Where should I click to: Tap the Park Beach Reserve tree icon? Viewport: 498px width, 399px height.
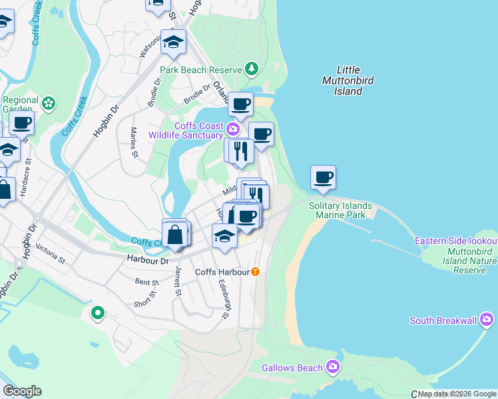pyautogui.click(x=252, y=68)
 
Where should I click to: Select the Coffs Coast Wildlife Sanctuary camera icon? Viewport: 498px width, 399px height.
pyautogui.click(x=233, y=128)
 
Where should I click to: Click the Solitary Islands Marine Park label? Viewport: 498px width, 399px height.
pyautogui.click(x=340, y=210)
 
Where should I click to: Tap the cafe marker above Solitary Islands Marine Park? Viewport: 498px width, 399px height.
pyautogui.click(x=323, y=178)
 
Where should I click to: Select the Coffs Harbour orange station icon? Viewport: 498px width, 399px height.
pyautogui.click(x=255, y=272)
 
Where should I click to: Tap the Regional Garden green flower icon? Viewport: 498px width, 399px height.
pyautogui.click(x=48, y=104)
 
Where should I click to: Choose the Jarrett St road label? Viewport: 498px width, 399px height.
pyautogui.click(x=178, y=281)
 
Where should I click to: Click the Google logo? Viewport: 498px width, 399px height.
pyautogui.click(x=22, y=391)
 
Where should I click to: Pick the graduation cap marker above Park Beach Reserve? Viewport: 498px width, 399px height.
pyautogui.click(x=174, y=43)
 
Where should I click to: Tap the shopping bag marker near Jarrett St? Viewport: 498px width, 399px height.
pyautogui.click(x=175, y=234)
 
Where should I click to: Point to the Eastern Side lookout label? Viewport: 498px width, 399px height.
pyautogui.click(x=456, y=240)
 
